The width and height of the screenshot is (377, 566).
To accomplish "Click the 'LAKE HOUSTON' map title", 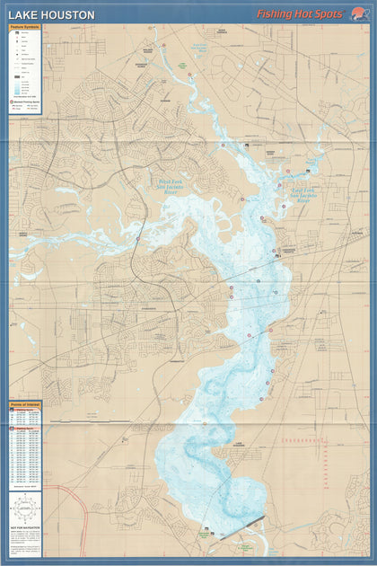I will tap(51, 14).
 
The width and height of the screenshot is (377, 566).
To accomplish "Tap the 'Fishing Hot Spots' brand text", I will tap(299, 14).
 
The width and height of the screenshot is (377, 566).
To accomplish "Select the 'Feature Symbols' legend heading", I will tap(26, 28).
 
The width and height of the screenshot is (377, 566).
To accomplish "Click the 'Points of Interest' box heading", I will tap(26, 404).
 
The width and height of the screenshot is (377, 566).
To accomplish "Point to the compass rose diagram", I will tap(26, 509).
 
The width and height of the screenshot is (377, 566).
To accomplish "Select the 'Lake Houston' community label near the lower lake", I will tap(236, 444).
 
